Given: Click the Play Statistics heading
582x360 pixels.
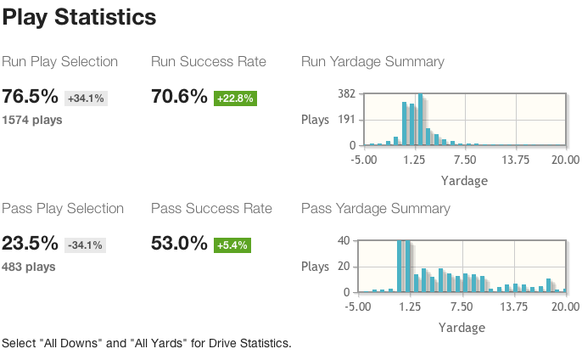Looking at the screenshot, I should point(79,16).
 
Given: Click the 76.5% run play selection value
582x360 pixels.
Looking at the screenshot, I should point(31,97).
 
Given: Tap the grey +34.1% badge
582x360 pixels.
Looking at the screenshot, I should point(86,98).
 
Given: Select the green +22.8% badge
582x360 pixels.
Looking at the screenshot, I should point(235,98).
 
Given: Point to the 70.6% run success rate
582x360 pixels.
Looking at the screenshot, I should point(179,97).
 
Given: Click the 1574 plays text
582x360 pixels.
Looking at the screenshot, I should point(32,120).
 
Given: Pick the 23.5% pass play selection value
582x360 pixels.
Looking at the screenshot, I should point(31,244).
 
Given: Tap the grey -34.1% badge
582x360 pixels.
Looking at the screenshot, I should point(84,245).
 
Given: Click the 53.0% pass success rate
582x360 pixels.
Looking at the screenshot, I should point(179,244).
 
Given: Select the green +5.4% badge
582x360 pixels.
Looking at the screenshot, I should point(232,245).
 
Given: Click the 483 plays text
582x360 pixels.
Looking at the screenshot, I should point(29,267).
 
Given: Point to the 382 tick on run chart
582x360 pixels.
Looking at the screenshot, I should point(345,93).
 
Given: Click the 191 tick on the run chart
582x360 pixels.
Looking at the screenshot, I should point(345,120).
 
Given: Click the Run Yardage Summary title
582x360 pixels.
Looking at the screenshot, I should point(372,62).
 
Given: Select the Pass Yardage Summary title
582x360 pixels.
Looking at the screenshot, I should point(376,209).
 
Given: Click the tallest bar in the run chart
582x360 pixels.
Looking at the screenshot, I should point(421,119).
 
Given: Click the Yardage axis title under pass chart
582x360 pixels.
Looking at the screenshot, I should point(462,328).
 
